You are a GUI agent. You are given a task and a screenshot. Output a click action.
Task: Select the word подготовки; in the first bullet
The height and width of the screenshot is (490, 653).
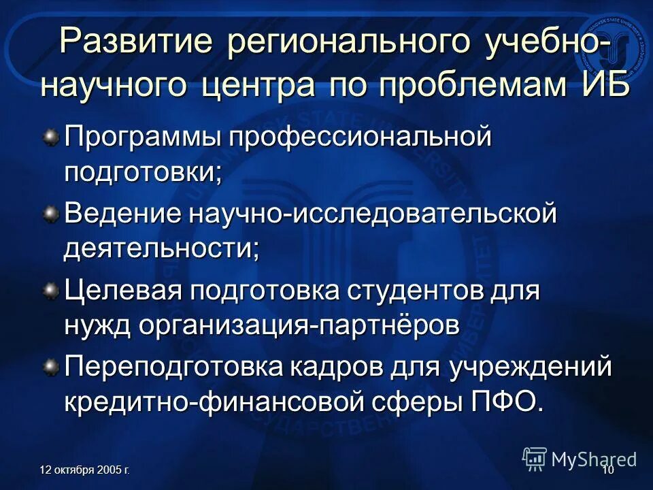(144, 171)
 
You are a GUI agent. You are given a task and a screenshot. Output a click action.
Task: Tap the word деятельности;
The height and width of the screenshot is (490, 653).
(162, 247)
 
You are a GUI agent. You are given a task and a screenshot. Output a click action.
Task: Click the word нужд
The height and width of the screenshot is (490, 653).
(95, 324)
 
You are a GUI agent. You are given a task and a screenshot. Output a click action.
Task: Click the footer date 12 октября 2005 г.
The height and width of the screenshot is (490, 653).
(86, 470)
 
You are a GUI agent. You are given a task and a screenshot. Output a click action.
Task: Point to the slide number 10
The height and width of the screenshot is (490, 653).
(607, 470)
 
